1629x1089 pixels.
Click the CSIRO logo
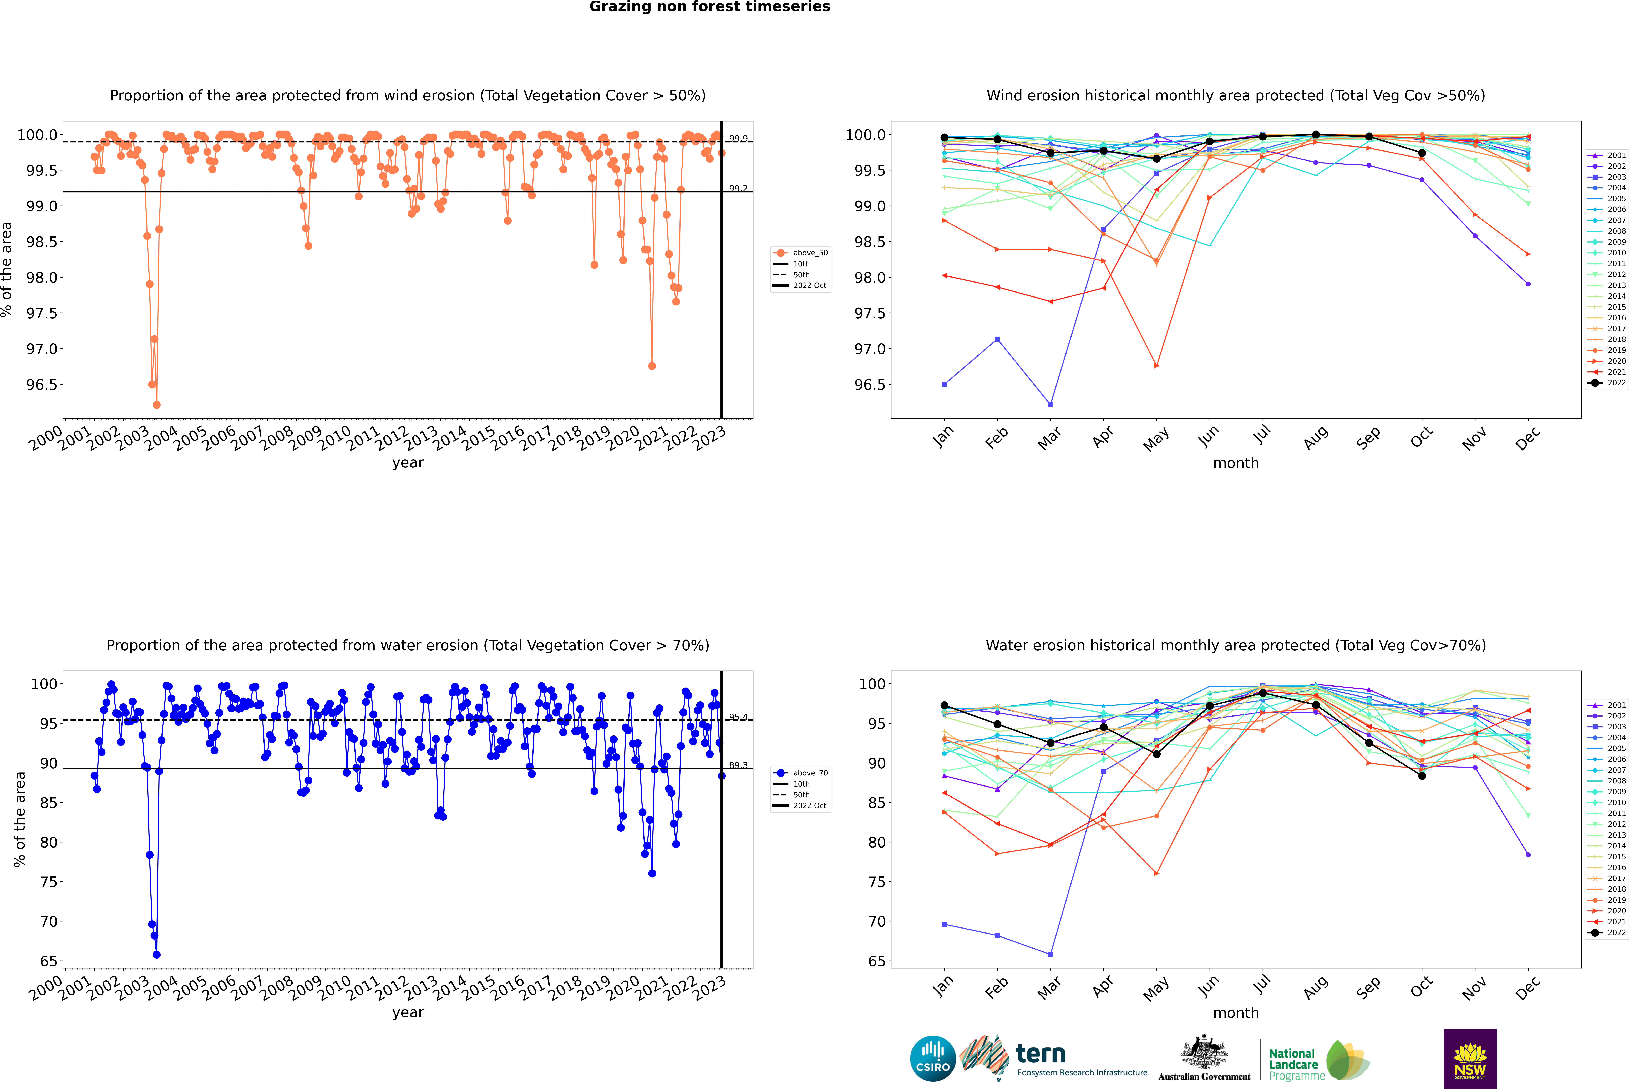tap(933, 1058)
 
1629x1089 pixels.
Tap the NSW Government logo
tap(1470, 1058)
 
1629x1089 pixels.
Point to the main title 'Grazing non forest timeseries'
tap(710, 7)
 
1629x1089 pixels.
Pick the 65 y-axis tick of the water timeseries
tap(49, 961)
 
